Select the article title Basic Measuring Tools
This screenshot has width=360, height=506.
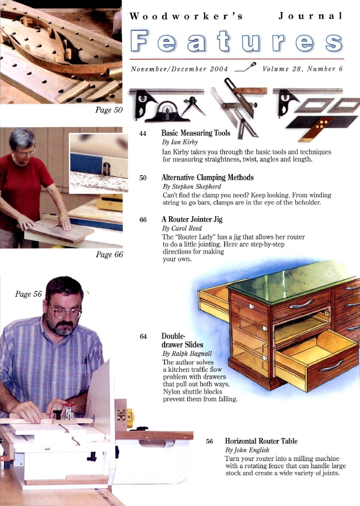click(196, 133)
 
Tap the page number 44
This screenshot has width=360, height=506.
click(143, 133)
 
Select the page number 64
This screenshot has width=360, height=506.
click(143, 336)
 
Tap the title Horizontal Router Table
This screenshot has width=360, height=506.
click(261, 441)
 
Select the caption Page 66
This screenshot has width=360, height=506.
click(108, 255)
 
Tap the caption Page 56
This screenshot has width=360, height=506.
click(28, 294)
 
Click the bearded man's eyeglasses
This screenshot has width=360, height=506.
click(67, 311)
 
